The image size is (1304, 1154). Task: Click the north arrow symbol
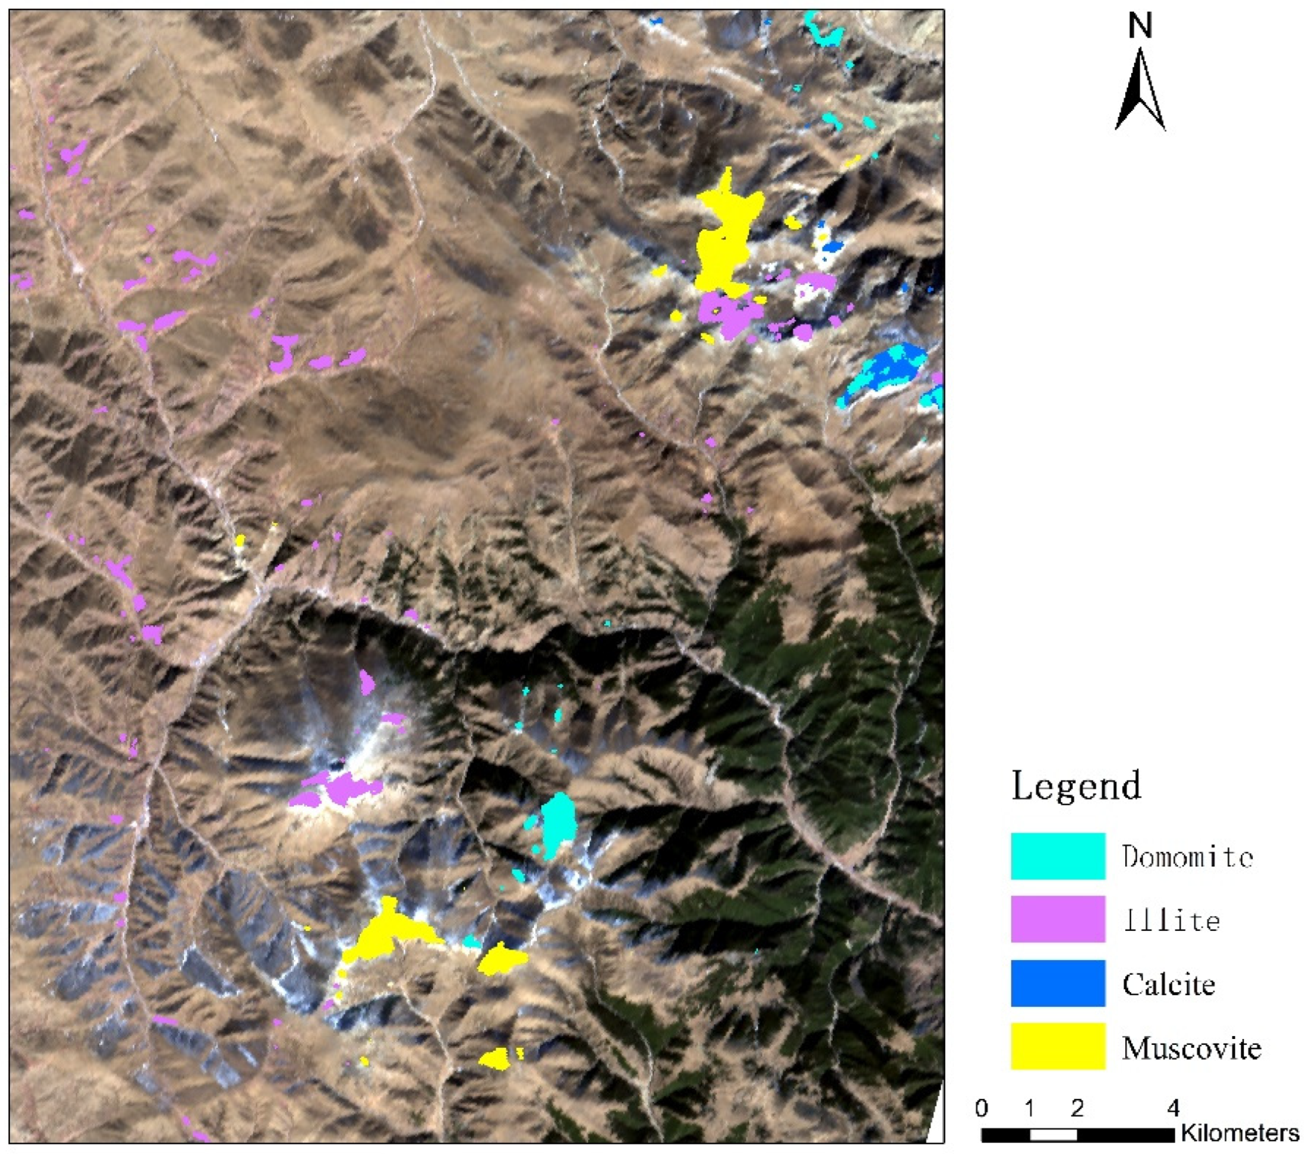click(1140, 93)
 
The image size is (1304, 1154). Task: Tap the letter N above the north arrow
click(1140, 26)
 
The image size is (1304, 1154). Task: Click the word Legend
click(1076, 786)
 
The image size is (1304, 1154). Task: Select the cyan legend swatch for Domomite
click(1058, 856)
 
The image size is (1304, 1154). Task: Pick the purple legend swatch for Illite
click(1058, 919)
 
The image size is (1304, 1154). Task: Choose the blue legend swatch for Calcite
click(1058, 983)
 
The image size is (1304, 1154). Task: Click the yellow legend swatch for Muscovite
click(1058, 1047)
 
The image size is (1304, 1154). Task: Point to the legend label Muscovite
click(1192, 1047)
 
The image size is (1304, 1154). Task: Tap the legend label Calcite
click(1169, 983)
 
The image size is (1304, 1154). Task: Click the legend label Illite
click(1171, 920)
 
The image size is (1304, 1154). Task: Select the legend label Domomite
click(1188, 856)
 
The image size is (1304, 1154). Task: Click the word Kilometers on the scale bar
click(1240, 1133)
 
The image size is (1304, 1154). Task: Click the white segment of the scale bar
click(1053, 1136)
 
